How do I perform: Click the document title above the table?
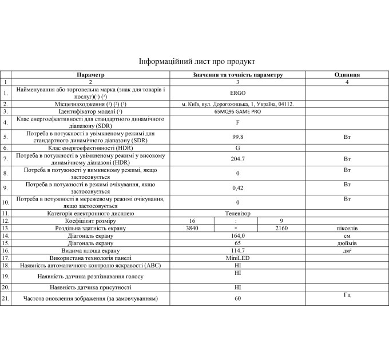point(197,61)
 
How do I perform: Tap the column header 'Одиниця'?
point(347,75)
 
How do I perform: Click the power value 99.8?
point(237,137)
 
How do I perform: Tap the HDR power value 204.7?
point(237,159)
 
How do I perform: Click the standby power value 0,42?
point(237,187)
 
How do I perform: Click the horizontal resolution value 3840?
point(192,228)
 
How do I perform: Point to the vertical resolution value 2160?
point(281,228)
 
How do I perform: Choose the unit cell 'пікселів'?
point(347,228)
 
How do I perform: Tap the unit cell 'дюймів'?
point(347,243)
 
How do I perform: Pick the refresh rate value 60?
point(237,298)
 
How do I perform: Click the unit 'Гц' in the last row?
point(347,295)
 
